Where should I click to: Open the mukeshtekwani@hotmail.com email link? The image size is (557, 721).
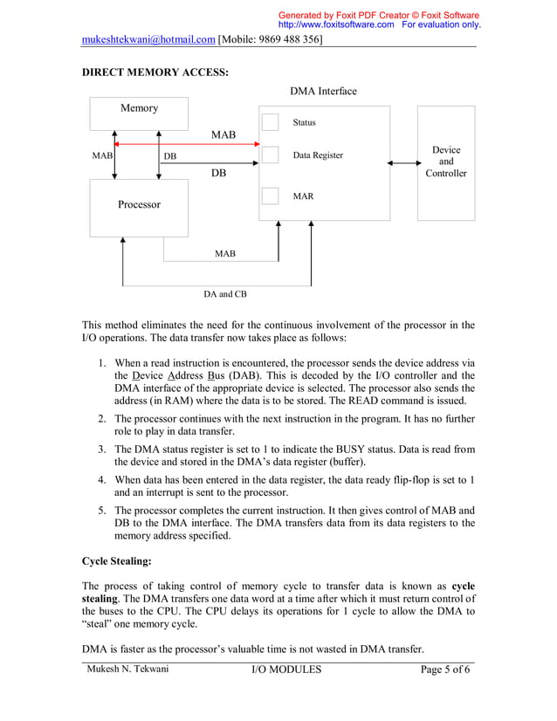[148, 39]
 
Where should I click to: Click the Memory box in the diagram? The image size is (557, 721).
[139, 108]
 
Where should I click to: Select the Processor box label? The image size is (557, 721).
[139, 204]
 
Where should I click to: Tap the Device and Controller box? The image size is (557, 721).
[445, 162]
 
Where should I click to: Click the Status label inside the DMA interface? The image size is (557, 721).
[304, 123]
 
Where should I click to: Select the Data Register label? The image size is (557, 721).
[318, 155]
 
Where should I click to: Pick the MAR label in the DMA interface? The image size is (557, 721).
[303, 196]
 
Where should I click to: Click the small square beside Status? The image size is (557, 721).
[271, 122]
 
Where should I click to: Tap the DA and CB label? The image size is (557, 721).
[225, 294]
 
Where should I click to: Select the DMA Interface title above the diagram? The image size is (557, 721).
[322, 92]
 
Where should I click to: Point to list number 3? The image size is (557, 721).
[102, 449]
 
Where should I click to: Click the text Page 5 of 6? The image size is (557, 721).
[445, 669]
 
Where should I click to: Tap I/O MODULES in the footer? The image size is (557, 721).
[286, 669]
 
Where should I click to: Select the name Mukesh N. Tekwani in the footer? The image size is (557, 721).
[127, 669]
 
